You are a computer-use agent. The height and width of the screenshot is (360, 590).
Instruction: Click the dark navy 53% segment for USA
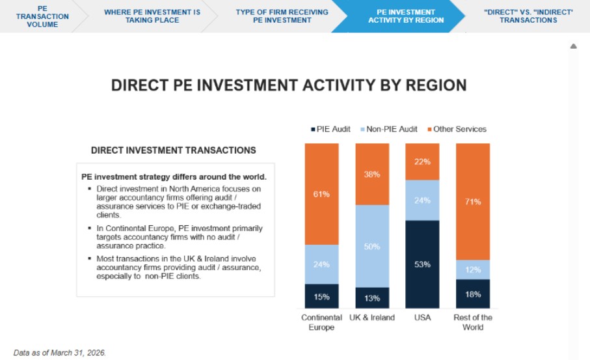pyautogui.click(x=422, y=264)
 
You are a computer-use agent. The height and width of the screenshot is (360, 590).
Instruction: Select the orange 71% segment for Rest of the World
pyautogui.click(x=473, y=201)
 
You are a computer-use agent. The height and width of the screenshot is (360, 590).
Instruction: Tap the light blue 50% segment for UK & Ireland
pyautogui.click(x=372, y=246)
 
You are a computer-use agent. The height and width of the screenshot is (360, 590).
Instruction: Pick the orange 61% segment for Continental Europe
pyautogui.click(x=322, y=194)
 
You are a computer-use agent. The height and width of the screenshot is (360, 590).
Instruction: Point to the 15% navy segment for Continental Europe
pyautogui.click(x=322, y=296)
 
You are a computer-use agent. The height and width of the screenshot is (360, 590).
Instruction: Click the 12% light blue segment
pyautogui.click(x=473, y=270)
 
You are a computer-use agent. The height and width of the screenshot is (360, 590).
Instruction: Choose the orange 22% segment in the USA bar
pyautogui.click(x=422, y=161)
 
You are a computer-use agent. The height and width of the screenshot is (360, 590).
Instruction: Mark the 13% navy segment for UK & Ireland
pyautogui.click(x=372, y=298)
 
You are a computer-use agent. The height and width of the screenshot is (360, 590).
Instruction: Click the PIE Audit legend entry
pyautogui.click(x=330, y=129)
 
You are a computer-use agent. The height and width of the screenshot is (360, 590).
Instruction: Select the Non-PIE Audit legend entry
pyautogui.click(x=389, y=129)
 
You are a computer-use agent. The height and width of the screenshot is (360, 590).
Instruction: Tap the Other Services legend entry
pyautogui.click(x=457, y=129)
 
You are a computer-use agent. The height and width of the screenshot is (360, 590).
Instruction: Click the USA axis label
pyautogui.click(x=422, y=318)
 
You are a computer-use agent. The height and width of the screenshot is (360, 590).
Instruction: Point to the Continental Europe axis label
pyautogui.click(x=322, y=322)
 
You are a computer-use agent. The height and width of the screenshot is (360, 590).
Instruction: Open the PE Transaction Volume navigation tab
pyautogui.click(x=42, y=16)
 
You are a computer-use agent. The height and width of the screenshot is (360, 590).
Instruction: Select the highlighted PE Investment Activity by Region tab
pyautogui.click(x=406, y=16)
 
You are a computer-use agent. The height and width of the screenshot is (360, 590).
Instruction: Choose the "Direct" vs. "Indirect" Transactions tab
pyautogui.click(x=528, y=16)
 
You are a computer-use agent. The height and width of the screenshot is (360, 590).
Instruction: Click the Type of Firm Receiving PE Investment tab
pyautogui.click(x=282, y=16)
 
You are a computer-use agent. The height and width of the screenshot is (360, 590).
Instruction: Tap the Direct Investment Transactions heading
pyautogui.click(x=174, y=150)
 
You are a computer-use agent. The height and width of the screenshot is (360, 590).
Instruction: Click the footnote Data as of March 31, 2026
pyautogui.click(x=60, y=353)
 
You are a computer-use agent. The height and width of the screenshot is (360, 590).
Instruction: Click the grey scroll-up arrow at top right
pyautogui.click(x=574, y=46)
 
